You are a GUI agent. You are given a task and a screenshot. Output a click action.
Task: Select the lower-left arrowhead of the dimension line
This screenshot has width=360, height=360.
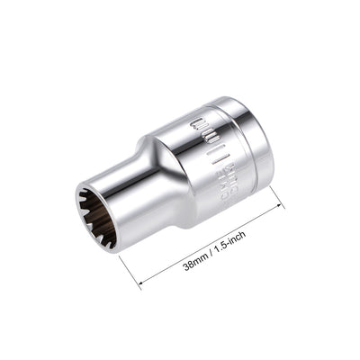pyautogui.click(x=143, y=283)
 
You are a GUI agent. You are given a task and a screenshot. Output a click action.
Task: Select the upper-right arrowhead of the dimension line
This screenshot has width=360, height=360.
pyautogui.click(x=279, y=208)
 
